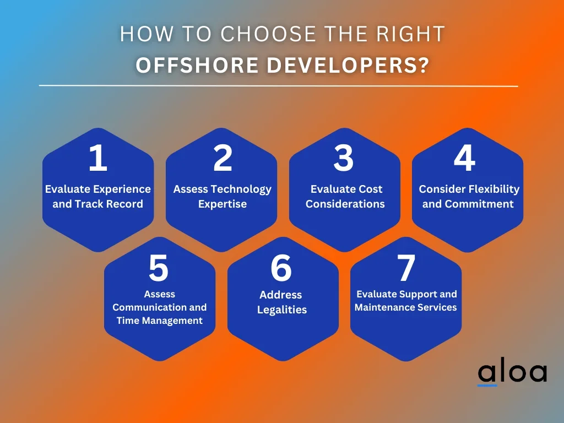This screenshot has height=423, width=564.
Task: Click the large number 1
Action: point(98,158)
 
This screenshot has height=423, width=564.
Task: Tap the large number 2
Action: point(223,158)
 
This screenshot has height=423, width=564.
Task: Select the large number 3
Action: point(344,158)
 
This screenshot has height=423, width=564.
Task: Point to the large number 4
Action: point(465,158)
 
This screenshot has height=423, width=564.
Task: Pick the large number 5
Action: point(159,268)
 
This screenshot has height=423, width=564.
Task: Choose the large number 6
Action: point(281,268)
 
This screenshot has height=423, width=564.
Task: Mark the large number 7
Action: point(406,268)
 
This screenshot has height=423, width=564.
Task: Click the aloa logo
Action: point(512,373)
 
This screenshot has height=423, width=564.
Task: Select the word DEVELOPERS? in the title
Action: point(348,65)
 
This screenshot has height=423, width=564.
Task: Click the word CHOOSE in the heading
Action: point(268,34)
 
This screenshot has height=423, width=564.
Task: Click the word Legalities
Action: point(282,310)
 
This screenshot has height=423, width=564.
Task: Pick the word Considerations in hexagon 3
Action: point(345,204)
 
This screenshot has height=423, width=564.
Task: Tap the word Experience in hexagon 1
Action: point(122,189)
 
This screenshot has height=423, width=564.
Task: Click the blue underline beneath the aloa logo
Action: point(487,385)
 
